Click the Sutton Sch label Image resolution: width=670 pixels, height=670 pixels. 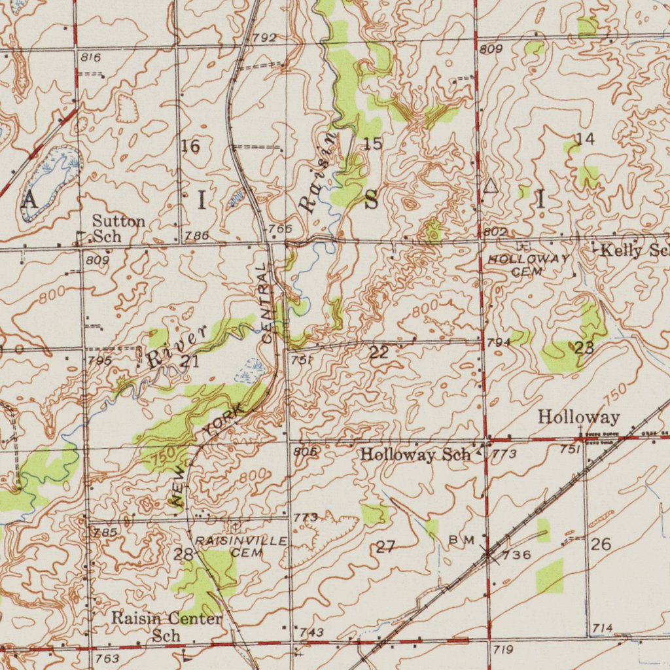point(118,228)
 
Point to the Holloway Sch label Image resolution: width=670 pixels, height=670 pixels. point(415,454)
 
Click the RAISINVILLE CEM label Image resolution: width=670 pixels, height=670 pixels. point(241,546)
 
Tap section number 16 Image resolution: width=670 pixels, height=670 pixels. point(190,146)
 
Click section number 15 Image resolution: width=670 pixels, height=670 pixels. point(372,143)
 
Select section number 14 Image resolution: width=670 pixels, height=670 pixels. point(585,139)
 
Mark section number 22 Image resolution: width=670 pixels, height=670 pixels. point(379,353)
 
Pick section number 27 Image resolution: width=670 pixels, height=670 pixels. point(385,547)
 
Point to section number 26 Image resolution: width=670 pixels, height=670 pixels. point(601,544)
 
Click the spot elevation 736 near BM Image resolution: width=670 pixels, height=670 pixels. point(516,555)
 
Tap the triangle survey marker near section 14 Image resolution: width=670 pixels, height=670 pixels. point(490,186)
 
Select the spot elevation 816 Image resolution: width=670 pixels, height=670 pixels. point(90,58)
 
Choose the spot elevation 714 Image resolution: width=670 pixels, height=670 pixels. point(602,628)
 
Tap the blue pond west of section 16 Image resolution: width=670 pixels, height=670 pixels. point(52,180)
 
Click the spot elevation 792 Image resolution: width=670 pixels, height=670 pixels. point(264,38)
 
